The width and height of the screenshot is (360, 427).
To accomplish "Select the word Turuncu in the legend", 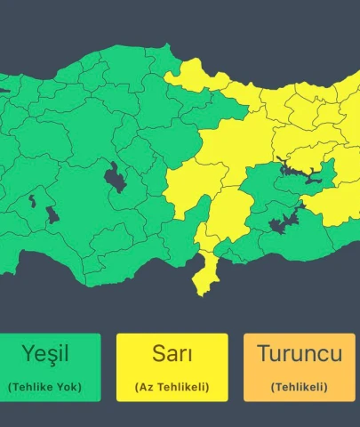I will pos(299,353).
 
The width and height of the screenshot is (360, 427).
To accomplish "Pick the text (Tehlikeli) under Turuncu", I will pos(299,387).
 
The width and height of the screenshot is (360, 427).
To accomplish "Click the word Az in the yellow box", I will pos(147,387).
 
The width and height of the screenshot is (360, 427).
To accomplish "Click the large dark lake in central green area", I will pos(115,177).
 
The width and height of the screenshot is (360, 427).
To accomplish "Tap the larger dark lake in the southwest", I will pos(51,214).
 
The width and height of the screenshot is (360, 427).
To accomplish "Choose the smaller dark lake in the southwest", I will pos(33,200).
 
